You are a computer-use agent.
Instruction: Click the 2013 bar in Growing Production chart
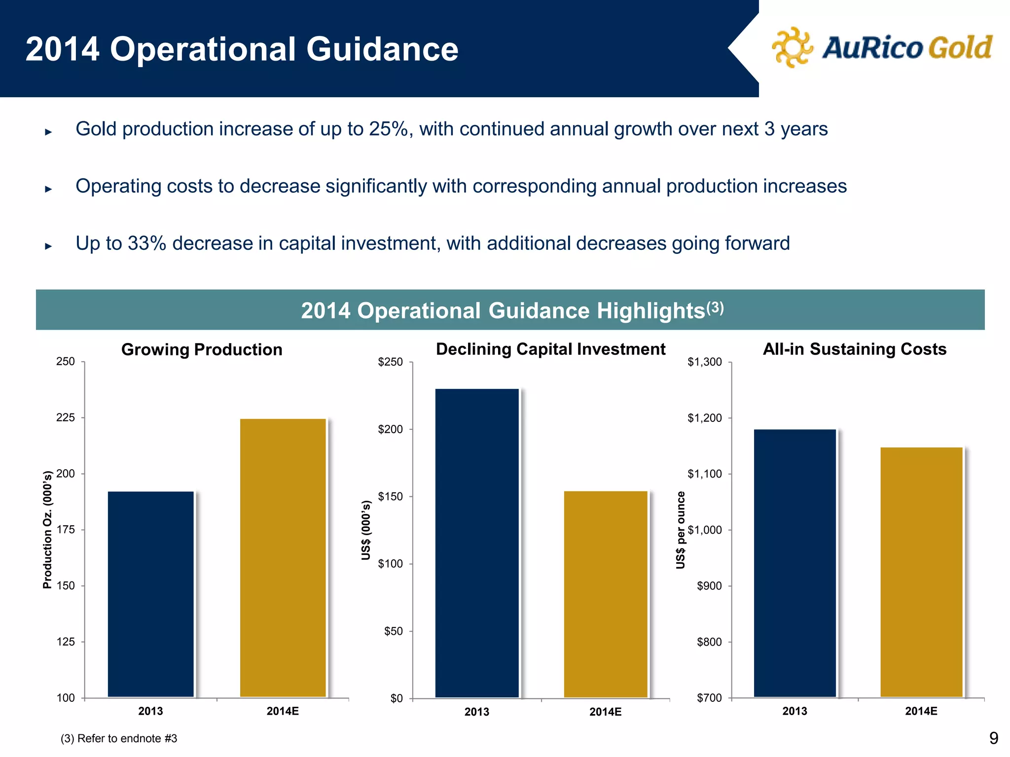click(x=151, y=594)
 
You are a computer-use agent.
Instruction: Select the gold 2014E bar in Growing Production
click(x=283, y=557)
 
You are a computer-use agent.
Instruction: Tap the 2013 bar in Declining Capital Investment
click(x=477, y=543)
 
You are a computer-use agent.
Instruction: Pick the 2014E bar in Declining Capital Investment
click(x=606, y=594)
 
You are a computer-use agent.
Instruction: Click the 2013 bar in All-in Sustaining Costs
click(x=795, y=563)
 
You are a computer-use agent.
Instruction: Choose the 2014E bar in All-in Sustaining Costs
click(x=921, y=572)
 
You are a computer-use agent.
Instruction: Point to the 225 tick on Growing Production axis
click(x=66, y=418)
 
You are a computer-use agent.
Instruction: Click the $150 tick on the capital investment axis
click(x=391, y=497)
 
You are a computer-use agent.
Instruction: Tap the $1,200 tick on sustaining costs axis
click(x=705, y=418)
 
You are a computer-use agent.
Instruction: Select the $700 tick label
click(x=709, y=698)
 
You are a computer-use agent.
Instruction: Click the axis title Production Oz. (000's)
click(x=47, y=530)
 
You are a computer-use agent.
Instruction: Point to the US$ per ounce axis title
click(x=681, y=530)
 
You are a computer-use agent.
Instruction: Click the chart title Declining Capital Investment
click(x=550, y=349)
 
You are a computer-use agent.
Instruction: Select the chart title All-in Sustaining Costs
click(x=854, y=349)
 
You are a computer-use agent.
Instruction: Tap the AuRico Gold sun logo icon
click(x=792, y=47)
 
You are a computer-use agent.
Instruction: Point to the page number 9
click(x=993, y=738)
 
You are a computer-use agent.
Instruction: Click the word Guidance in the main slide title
click(x=382, y=49)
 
